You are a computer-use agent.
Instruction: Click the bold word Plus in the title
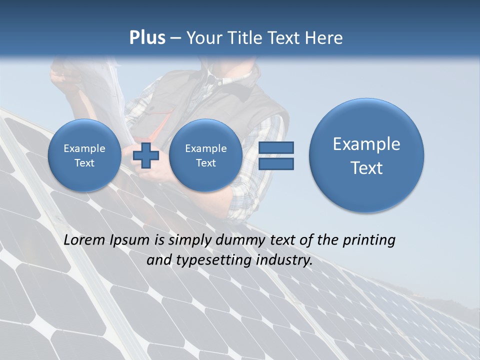[x=147, y=38]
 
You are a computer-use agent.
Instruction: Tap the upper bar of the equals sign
[x=276, y=148]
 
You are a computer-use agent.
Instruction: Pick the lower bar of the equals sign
[x=276, y=164]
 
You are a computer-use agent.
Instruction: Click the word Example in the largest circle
[x=366, y=144]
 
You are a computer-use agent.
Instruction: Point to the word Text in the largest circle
[x=366, y=168]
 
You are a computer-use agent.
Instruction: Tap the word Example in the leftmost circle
[x=84, y=148]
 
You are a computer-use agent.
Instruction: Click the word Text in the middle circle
[x=205, y=163]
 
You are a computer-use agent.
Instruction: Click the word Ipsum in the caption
[x=130, y=240]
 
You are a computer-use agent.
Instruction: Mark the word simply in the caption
[x=190, y=240]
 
